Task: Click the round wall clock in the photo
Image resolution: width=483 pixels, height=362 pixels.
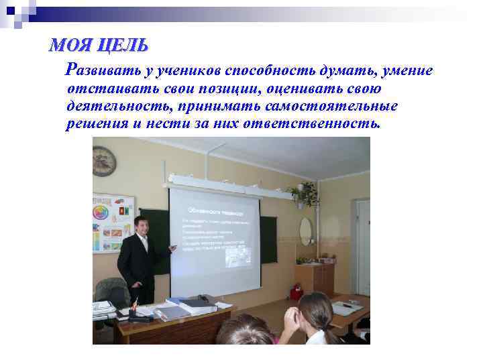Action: tap(104, 161)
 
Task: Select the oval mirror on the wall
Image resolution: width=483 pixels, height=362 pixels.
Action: tap(305, 231)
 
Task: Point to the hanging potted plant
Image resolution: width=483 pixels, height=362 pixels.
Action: tap(307, 194)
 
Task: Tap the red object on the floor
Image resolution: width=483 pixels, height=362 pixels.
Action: tap(295, 292)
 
